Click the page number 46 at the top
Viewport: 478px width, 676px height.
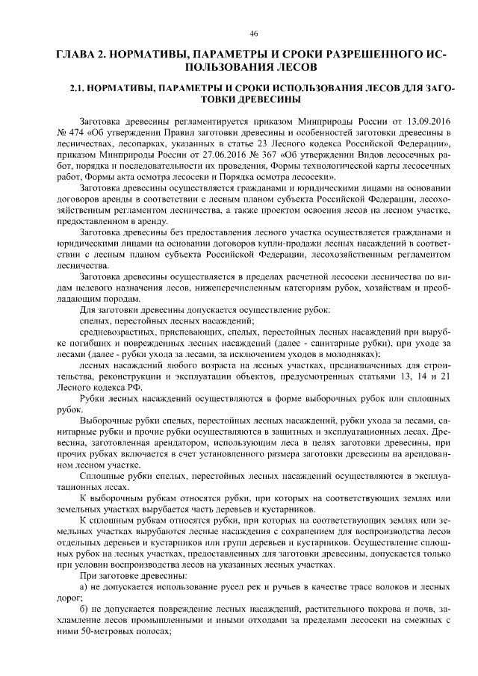(254, 33)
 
